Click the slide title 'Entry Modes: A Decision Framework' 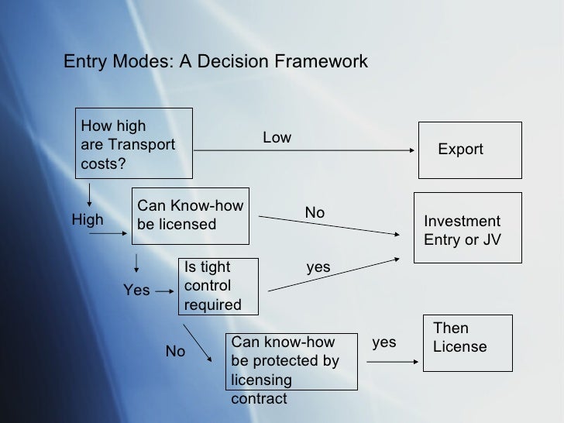215,61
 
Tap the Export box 460,150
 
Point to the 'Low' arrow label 277,138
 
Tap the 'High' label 88,220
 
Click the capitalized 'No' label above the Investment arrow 315,212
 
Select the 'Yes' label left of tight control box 136,291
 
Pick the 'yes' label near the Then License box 384,342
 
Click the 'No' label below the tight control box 176,352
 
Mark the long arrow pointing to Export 302,151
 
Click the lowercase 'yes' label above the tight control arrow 318,267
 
